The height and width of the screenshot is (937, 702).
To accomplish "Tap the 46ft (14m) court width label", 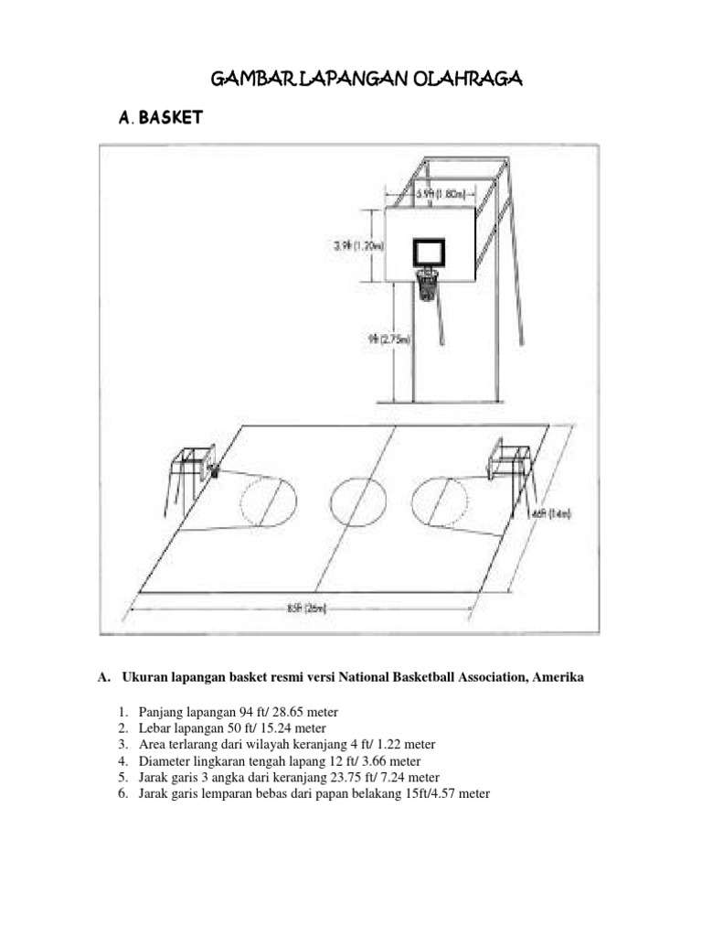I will click(x=551, y=514).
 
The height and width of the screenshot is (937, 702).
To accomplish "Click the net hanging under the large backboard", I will click(x=427, y=285).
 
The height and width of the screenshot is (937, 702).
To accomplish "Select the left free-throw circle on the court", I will click(x=269, y=501).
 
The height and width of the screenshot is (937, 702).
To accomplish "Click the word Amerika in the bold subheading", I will click(x=556, y=678).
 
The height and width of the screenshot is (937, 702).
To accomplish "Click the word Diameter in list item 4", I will click(x=165, y=761).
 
